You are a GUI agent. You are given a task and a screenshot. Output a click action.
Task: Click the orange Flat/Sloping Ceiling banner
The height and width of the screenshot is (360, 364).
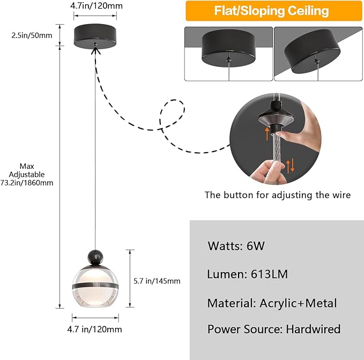(271, 11)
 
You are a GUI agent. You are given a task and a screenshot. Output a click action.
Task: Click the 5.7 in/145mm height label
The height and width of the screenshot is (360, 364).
(156, 281)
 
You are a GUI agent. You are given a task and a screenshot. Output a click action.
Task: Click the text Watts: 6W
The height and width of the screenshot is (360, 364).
(236, 246)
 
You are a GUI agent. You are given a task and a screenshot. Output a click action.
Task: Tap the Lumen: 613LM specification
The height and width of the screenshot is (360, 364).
(247, 274)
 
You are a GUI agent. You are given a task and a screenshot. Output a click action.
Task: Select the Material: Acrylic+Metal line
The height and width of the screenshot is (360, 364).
(272, 303)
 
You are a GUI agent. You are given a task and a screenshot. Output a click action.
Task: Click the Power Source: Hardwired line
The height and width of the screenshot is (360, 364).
(273, 329)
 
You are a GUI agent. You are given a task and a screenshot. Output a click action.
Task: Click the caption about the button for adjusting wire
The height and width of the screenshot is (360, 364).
(277, 195)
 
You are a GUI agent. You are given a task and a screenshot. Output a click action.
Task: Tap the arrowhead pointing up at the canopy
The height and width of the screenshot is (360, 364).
(96, 49)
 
